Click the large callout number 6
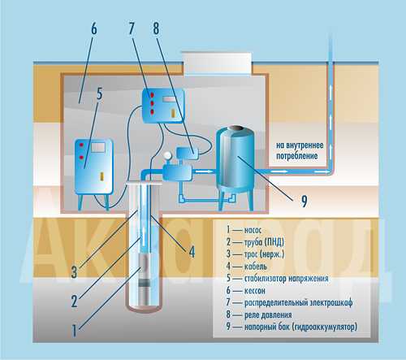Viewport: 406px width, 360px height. (93, 29)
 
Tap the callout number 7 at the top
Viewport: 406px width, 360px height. (132, 28)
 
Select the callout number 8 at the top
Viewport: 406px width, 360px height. (156, 28)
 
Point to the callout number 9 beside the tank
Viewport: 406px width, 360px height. (304, 201)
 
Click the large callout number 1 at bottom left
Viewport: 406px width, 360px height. (74, 331)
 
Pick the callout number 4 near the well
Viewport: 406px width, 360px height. (192, 252)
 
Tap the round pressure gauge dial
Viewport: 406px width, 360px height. (167, 156)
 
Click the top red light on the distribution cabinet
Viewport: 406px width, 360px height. (153, 95)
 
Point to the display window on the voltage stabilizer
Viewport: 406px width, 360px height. (98, 148)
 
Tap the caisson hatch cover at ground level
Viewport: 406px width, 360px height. (217, 63)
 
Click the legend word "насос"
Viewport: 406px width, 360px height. (253, 230)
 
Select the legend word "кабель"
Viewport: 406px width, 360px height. (256, 267)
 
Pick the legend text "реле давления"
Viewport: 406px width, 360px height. (268, 315)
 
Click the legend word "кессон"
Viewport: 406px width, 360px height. (255, 291)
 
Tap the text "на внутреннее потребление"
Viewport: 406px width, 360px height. (300, 150)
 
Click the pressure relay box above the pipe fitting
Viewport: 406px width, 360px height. (187, 153)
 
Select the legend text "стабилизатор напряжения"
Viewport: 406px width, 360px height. (287, 279)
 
